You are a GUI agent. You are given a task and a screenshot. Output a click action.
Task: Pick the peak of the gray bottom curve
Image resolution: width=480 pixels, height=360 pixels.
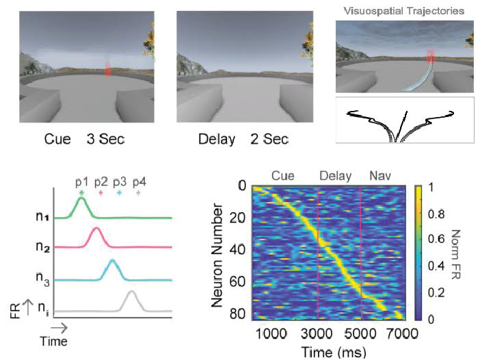[131, 293]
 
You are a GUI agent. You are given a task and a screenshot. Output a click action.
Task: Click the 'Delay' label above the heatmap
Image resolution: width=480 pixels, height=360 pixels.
[335, 176]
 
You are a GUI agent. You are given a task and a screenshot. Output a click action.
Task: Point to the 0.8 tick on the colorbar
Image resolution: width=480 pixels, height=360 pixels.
[432, 213]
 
